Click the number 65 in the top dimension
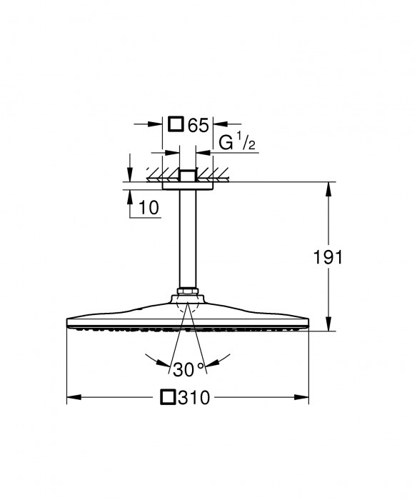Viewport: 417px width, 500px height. point(198,125)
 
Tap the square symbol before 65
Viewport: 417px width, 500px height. point(175,124)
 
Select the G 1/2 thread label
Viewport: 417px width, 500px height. point(236,142)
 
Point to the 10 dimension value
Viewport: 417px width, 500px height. point(149,208)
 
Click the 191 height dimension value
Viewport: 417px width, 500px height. point(328,257)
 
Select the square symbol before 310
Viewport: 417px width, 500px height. point(169,396)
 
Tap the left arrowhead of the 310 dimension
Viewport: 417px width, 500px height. point(72,396)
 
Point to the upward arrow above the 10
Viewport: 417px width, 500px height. point(129,198)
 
